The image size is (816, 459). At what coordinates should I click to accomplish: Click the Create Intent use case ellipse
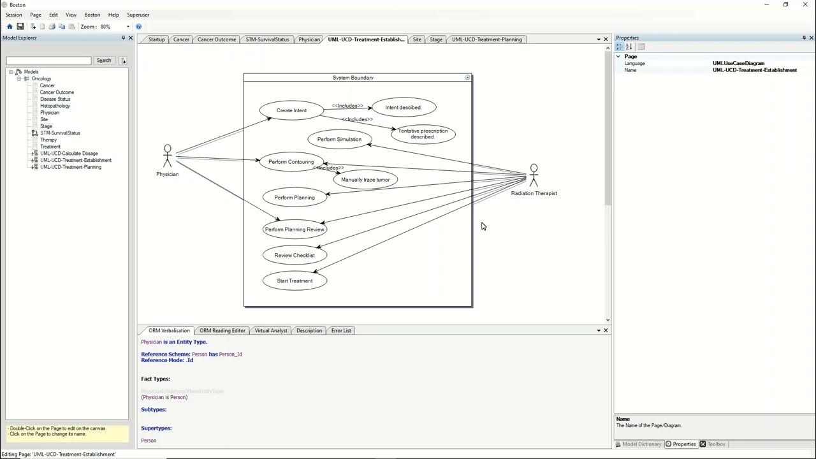(291, 110)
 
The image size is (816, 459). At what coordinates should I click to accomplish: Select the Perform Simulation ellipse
(339, 139)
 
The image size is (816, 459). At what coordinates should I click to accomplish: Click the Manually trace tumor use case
(365, 180)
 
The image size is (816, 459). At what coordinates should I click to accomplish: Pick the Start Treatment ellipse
(295, 280)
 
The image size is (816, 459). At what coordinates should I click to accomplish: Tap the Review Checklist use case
(295, 255)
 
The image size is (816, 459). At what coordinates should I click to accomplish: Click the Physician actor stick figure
(167, 156)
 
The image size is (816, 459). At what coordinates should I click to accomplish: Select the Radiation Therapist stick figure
(534, 175)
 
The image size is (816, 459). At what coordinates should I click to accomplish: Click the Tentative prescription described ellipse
(423, 134)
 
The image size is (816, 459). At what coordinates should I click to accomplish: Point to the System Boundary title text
(353, 78)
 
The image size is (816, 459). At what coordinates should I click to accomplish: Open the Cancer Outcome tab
(216, 40)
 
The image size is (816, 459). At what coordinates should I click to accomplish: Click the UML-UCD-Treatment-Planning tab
(486, 40)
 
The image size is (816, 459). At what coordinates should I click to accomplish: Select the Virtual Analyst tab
(271, 330)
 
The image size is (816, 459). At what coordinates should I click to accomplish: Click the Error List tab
(341, 330)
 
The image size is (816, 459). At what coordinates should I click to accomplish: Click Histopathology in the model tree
(55, 106)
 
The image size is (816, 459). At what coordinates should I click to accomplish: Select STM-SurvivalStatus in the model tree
(60, 133)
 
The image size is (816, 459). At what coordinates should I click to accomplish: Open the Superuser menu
(138, 15)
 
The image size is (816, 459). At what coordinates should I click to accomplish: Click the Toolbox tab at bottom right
(716, 444)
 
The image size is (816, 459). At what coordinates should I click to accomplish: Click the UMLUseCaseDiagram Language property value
(738, 63)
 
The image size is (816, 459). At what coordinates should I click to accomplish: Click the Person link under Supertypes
(149, 441)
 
